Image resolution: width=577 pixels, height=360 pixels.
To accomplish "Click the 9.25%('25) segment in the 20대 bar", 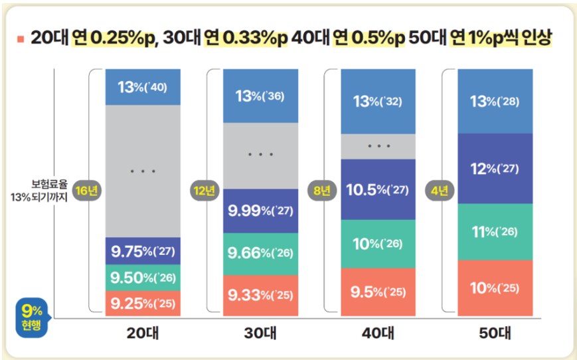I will pos(143,304).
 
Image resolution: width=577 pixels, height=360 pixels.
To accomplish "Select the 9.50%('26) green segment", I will pos(143,277).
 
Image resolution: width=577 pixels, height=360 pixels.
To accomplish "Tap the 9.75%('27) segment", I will pos(143,251).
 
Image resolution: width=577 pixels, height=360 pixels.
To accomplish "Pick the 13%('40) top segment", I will pos(143,87).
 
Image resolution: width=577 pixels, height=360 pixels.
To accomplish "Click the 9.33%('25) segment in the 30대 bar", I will pos(260,294).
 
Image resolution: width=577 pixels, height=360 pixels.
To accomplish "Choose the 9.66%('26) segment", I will pos(260,253).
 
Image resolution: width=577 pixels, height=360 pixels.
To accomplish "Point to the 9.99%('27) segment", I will pos(260,211).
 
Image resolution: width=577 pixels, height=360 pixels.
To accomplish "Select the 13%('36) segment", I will pos(260,96).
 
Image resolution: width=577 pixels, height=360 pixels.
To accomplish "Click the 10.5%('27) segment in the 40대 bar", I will pos(377,189).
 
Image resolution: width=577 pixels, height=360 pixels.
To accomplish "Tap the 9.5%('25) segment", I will pos(377,292).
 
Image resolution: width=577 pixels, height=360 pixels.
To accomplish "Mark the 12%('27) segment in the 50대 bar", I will pos(495,169).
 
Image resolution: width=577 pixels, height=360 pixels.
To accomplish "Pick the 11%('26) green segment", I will pos(495,232).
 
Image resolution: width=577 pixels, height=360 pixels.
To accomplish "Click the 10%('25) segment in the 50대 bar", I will pos(495,288).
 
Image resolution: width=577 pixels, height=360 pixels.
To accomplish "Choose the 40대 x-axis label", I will pos(377,334).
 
